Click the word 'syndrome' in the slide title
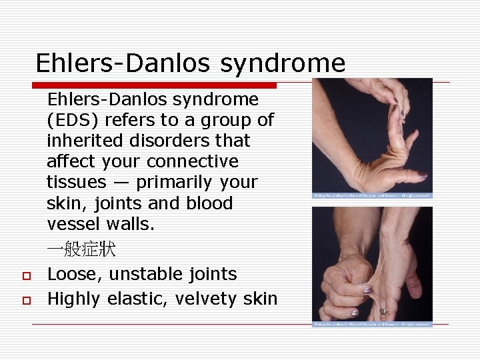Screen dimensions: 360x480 click(283, 63)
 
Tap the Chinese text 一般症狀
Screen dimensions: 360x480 click(81, 250)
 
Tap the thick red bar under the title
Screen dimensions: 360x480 click(155, 85)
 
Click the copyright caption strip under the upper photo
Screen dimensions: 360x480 click(373, 196)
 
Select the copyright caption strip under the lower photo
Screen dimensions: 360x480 click(373, 325)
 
